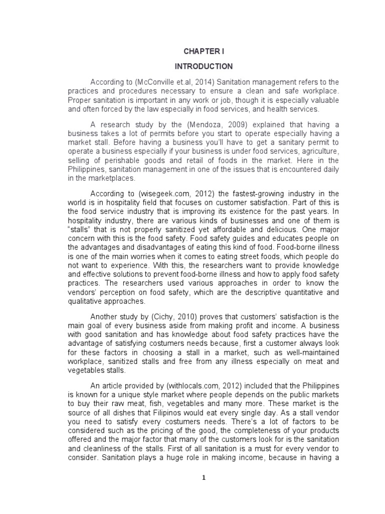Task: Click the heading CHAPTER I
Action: [x=203, y=51]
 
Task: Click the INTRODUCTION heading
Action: [x=203, y=66]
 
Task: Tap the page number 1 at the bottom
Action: [x=203, y=478]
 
